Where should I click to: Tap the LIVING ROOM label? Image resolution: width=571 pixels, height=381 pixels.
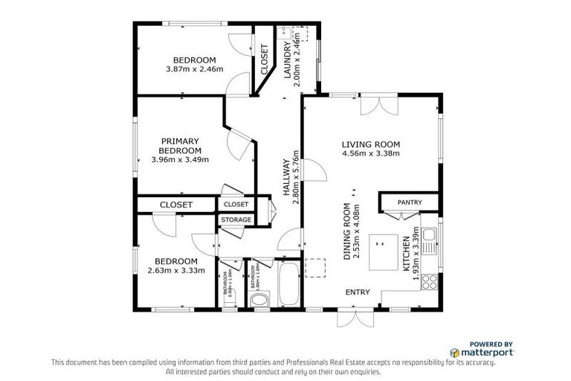pos(370,144)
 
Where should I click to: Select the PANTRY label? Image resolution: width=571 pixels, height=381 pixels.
pos(410,202)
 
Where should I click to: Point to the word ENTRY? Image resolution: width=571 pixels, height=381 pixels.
pos(358,292)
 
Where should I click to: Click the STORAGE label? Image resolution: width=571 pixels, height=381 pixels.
pos(236,220)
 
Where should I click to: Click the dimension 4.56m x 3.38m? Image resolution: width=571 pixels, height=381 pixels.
pos(370,154)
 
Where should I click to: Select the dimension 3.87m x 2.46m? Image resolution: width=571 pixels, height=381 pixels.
pos(195,69)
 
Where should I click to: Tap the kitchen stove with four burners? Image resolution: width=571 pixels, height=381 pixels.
pos(430,281)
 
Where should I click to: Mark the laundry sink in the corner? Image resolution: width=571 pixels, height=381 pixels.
pos(284,33)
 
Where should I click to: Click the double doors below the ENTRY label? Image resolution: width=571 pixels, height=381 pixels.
pos(352,318)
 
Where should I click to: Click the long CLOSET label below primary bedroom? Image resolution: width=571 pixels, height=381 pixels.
pos(175,205)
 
